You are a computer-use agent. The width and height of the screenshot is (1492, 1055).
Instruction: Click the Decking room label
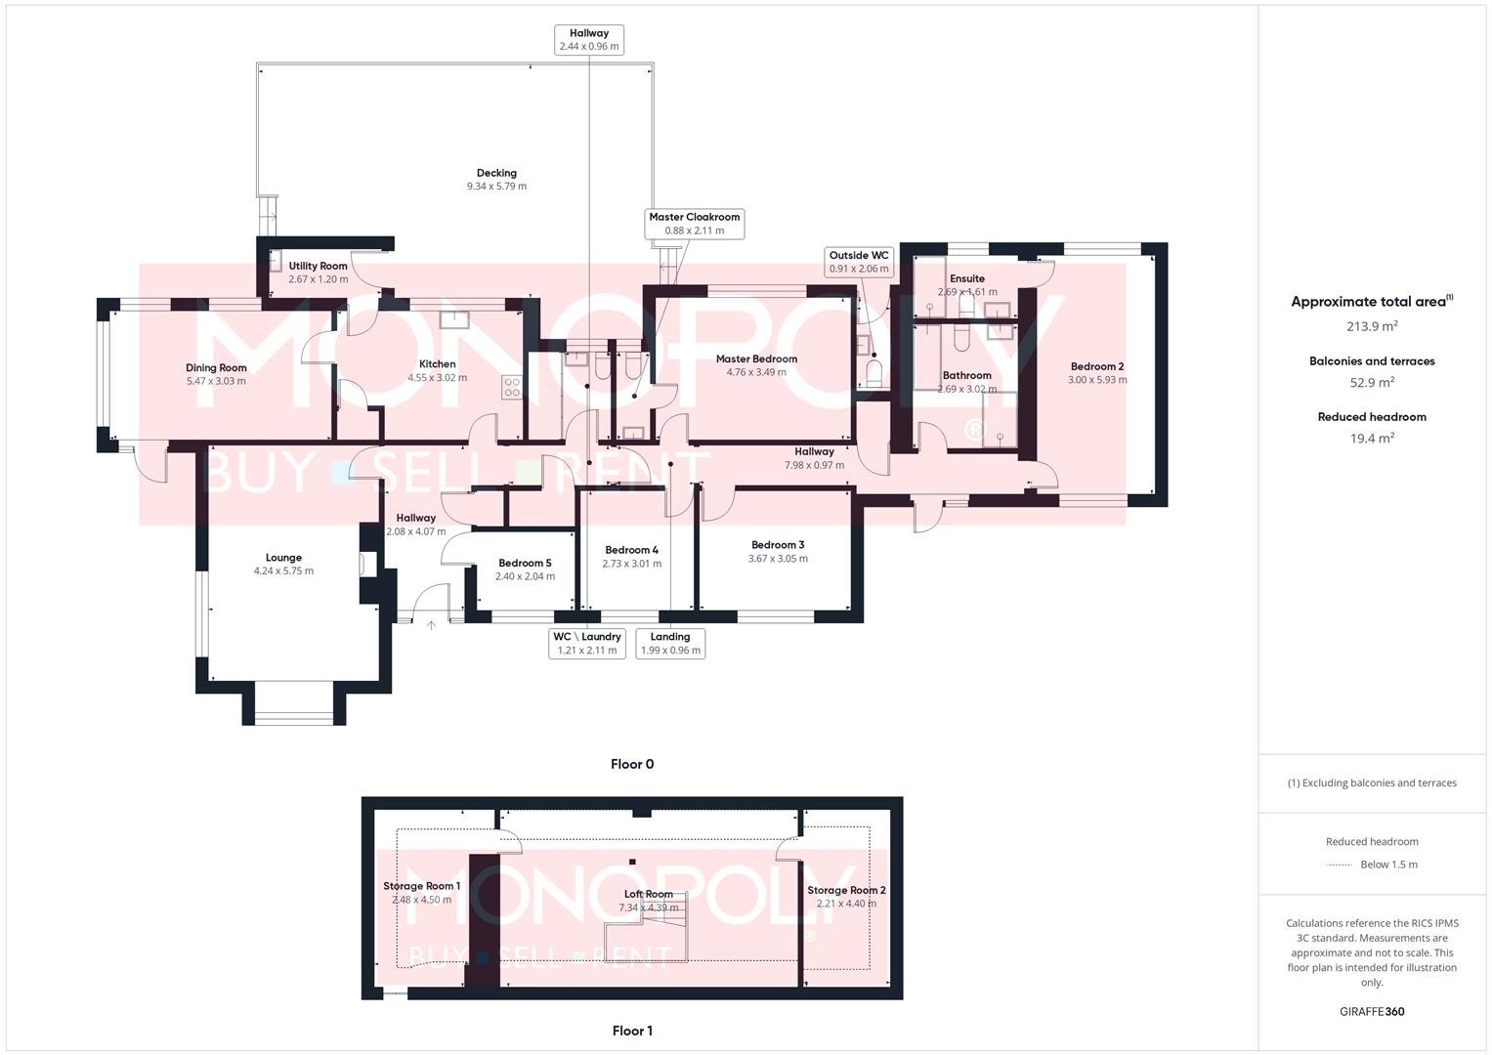pos(496,173)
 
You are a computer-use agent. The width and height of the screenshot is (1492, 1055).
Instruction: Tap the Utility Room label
pos(318,266)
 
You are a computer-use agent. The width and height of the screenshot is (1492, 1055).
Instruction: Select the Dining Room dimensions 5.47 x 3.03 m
pos(216,381)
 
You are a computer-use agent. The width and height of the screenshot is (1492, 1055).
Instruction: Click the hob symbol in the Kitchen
pos(512,387)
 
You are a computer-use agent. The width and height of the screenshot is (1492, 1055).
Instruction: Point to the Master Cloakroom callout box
pos(695,224)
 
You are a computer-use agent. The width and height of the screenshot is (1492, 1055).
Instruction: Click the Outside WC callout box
pos(859,262)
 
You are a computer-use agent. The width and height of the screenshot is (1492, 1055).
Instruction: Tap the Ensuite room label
pos(967,278)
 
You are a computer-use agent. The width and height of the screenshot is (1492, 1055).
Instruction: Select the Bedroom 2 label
pos(1096,366)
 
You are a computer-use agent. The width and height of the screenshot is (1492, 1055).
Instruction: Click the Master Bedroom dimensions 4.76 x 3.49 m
pos(756,372)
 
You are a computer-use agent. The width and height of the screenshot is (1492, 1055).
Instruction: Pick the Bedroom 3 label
pos(778,545)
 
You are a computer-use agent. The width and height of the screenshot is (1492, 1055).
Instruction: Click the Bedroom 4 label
pos(631,550)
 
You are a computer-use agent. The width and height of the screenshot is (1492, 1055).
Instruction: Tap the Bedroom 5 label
pos(525,563)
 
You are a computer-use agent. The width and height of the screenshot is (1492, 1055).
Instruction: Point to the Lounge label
pos(283,558)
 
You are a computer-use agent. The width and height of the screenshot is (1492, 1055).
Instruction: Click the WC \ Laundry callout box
pos(587,643)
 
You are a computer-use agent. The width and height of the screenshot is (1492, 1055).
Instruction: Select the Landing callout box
pos(670,643)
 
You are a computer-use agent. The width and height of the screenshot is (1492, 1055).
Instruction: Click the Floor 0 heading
pos(632,764)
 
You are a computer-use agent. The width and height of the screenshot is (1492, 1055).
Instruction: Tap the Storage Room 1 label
pos(421,886)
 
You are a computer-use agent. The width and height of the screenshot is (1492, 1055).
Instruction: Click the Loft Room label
pos(649,894)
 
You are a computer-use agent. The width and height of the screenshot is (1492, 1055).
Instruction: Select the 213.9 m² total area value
pos(1372,326)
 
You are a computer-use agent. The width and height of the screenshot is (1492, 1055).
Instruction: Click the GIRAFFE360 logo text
pos(1372,1011)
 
